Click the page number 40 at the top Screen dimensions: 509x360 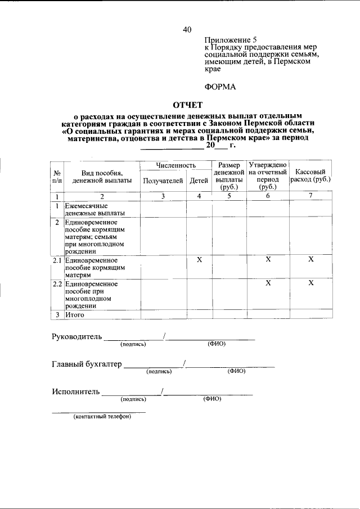(187, 30)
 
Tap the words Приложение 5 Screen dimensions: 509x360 (231, 40)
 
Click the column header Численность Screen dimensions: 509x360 (175, 165)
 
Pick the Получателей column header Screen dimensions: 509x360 (163, 181)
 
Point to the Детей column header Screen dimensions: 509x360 (199, 181)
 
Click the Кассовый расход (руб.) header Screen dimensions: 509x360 (310, 176)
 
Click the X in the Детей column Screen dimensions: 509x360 (199, 259)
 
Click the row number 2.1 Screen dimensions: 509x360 (56, 260)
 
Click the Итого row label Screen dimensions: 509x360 (74, 315)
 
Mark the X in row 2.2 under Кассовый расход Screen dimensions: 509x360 (310, 283)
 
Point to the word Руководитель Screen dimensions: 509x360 (77, 337)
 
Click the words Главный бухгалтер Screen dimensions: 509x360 (87, 364)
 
